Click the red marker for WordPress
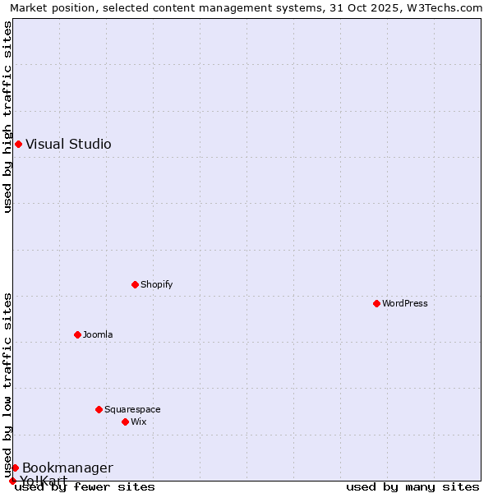tap(376, 303)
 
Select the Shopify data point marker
tap(135, 284)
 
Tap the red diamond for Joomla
tap(77, 334)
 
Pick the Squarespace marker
tap(99, 409)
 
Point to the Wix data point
tap(125, 422)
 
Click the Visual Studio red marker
tap(18, 145)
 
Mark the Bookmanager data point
tap(15, 468)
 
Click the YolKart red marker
tap(12, 481)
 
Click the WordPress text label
tap(405, 303)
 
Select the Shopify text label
tap(156, 284)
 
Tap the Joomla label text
tap(98, 334)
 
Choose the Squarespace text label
tap(132, 409)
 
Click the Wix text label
tap(138, 422)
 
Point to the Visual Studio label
tap(68, 145)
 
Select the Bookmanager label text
tap(67, 468)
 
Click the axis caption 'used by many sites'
tap(412, 487)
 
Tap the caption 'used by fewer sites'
tap(85, 487)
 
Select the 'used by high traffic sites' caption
tap(7, 117)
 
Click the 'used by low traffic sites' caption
tap(7, 385)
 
